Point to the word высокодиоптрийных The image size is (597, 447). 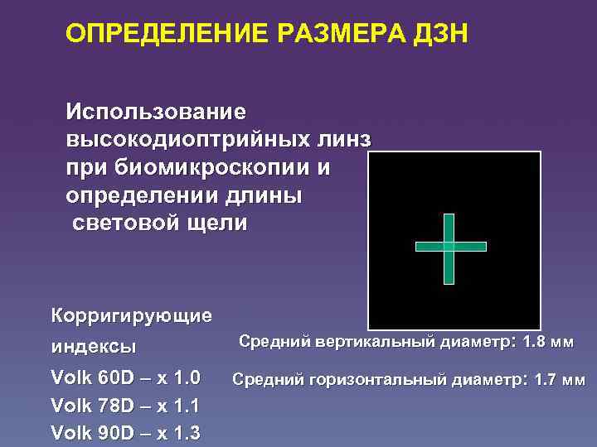tap(187, 139)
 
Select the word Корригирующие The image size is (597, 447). tap(131, 315)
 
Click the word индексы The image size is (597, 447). tap(94, 345)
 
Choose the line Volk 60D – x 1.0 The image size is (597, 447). tap(126, 378)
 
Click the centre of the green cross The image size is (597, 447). tap(449, 247)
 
